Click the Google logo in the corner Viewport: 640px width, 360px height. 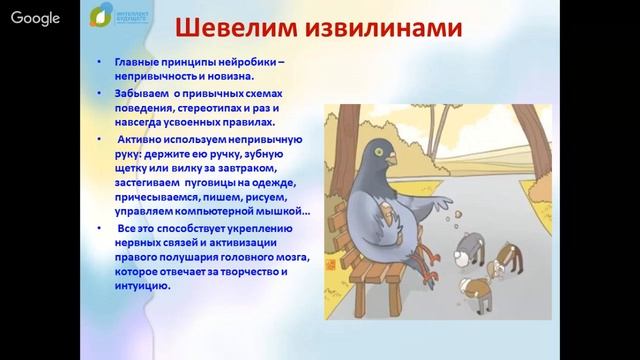34,18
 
